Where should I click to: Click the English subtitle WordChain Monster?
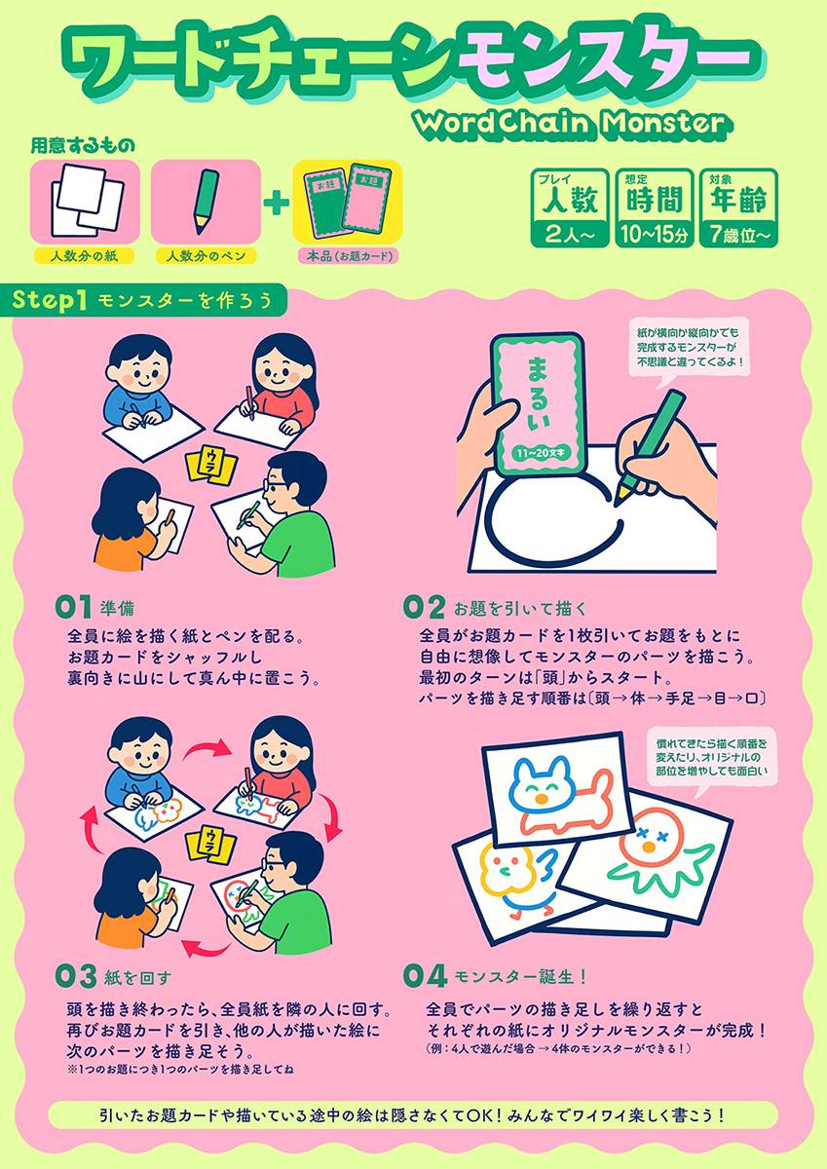point(573,125)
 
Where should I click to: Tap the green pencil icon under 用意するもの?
point(207,202)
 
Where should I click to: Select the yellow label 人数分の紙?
point(84,255)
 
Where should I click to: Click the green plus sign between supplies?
point(277,203)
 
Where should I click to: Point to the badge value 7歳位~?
point(738,236)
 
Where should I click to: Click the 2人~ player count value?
point(570,236)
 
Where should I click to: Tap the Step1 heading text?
point(49,301)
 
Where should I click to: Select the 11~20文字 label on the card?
point(540,453)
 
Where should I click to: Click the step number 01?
point(73,608)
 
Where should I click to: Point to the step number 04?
point(426,975)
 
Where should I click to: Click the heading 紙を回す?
point(137,977)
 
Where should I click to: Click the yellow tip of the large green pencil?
point(620,494)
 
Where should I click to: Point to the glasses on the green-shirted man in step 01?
point(276,486)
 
